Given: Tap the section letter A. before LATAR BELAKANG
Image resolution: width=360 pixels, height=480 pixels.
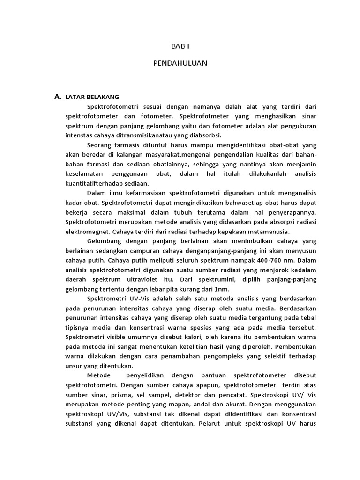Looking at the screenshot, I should tap(58, 97).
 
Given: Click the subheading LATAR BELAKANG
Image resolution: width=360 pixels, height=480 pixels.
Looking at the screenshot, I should tap(93, 97).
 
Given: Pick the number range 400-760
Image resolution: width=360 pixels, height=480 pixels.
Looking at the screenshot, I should tap(258, 260).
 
